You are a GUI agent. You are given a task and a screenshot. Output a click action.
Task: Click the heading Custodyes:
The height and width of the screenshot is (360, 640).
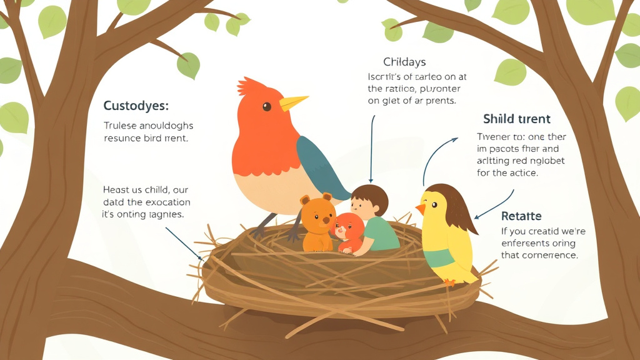pos(136,106)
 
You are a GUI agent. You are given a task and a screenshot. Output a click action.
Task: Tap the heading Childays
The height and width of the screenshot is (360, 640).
pos(404,61)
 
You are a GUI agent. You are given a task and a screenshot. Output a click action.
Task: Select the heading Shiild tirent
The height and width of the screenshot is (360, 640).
pos(517,119)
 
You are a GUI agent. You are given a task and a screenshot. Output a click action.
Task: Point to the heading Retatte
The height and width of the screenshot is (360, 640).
pos(521,216)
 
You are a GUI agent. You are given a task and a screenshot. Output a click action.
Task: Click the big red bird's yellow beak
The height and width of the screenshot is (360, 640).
pos(292,102)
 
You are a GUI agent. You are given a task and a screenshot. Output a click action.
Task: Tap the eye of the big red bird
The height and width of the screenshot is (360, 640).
pos(267,107)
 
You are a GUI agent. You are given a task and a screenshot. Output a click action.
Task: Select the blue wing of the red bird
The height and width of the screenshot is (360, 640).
pos(319,166)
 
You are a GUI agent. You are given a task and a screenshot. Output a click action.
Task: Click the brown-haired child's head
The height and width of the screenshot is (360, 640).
pos(369,199)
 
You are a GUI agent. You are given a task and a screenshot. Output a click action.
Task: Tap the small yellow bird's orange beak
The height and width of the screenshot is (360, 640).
pos(421,208)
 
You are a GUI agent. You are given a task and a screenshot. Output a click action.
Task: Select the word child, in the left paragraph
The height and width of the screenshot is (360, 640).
pos(157,189)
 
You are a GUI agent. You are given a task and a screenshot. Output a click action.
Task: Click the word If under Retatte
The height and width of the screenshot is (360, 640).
pos(506,231)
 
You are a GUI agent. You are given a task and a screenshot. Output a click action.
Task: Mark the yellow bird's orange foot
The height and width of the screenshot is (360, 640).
pos(448,282)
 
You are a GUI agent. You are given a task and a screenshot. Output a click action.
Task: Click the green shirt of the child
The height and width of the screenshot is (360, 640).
pos(382,234)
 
